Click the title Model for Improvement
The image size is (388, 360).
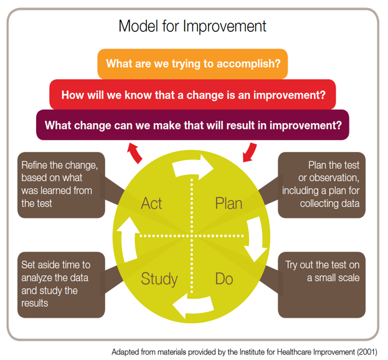click(x=192, y=26)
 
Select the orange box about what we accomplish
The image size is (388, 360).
click(x=192, y=64)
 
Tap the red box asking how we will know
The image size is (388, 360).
click(x=192, y=95)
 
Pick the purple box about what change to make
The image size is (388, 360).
click(x=192, y=125)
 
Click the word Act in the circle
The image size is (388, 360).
click(x=151, y=204)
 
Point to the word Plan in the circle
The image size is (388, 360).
click(x=229, y=204)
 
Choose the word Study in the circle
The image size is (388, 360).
click(x=159, y=279)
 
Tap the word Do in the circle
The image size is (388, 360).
click(x=224, y=278)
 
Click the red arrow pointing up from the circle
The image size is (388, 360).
click(x=135, y=153)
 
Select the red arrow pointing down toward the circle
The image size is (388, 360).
click(x=250, y=153)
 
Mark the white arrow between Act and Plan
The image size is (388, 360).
click(x=192, y=167)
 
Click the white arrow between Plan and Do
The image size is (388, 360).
click(x=255, y=239)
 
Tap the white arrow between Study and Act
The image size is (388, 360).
click(x=128, y=240)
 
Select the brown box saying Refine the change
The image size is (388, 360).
click(x=61, y=185)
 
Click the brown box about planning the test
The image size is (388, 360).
click(x=322, y=185)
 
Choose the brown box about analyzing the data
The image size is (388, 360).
click(x=61, y=285)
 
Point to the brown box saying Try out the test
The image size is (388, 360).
click(x=322, y=285)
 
